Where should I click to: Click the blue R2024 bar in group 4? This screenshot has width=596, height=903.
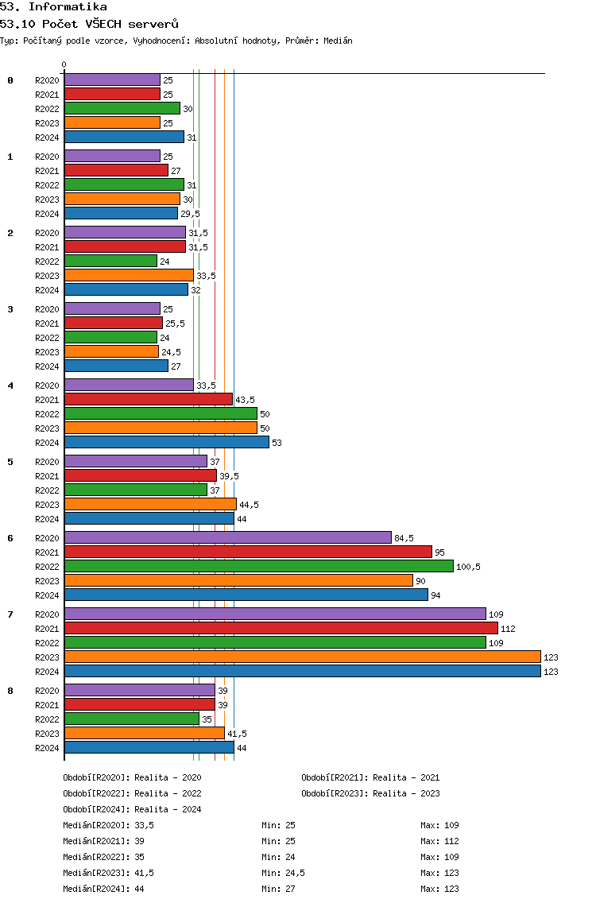167,442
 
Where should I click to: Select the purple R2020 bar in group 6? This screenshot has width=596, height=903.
228,537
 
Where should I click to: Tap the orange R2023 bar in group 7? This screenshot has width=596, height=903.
303,657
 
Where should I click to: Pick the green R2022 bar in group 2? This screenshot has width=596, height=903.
110,261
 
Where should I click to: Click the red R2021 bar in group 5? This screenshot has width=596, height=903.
141,475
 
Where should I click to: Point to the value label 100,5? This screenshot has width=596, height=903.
468,567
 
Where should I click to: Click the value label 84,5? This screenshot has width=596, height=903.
404,538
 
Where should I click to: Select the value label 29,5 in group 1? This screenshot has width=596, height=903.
190,214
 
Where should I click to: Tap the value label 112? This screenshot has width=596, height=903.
508,629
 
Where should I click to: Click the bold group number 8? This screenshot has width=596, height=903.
10,691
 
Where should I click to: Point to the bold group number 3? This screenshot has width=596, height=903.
10,309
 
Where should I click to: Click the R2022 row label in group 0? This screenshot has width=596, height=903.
47,109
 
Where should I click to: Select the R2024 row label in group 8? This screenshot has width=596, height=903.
47,748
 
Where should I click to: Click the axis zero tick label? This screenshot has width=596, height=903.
64,64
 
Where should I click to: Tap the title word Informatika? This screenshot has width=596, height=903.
68,7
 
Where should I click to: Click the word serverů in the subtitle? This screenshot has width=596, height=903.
153,24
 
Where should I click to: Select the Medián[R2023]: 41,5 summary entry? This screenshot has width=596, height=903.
108,873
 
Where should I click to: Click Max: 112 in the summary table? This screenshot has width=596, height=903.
439,841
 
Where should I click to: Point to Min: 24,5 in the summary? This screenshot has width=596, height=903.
283,873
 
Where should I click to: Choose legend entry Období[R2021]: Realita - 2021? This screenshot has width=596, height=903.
370,777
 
